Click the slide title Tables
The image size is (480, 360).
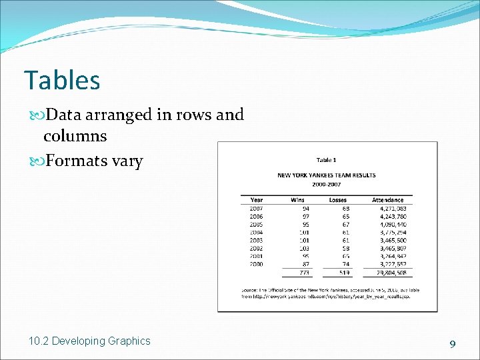tap(62, 81)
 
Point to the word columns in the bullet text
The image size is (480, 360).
tap(75, 136)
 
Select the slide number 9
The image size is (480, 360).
tap(452, 344)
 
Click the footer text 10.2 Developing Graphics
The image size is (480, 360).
tap(89, 341)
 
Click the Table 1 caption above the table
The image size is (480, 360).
tap(326, 160)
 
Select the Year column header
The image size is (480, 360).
tap(257, 200)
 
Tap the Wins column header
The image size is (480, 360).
tap(297, 200)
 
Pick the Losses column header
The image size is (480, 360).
tap(338, 200)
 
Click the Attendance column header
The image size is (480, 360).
tap(387, 200)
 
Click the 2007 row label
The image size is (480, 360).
tap(257, 209)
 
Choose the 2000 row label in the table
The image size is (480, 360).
tap(257, 264)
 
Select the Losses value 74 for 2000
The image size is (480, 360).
tap(345, 264)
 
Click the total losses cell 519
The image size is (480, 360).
tap(344, 273)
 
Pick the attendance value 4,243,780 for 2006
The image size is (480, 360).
tap(393, 217)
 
